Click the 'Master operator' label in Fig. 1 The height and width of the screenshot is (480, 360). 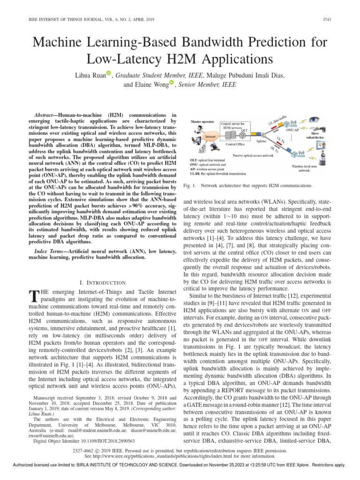point(202,121)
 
